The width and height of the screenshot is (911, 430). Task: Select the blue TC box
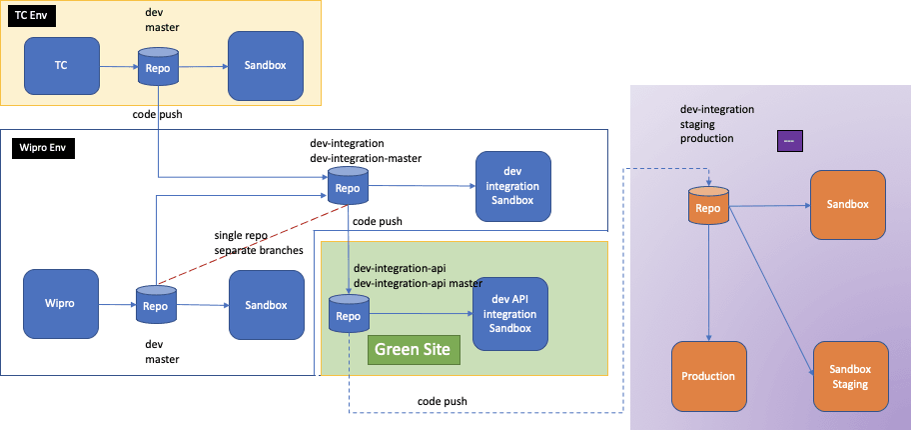[61, 66]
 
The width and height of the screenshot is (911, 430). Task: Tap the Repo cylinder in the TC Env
[158, 68]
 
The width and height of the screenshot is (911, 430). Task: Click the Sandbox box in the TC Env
[265, 66]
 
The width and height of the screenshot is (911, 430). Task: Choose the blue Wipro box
[61, 304]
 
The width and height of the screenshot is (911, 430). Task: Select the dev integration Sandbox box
[512, 186]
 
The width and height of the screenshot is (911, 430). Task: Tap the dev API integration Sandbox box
[510, 314]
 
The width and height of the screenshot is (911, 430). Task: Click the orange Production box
[708, 376]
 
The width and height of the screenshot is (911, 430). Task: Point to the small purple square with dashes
[790, 141]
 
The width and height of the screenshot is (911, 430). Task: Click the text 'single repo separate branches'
[258, 242]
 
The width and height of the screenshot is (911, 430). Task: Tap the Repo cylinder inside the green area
[349, 314]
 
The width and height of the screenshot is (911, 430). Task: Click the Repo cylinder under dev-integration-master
[348, 187]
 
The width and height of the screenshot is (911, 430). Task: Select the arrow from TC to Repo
[118, 67]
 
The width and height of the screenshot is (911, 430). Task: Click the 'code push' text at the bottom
[443, 401]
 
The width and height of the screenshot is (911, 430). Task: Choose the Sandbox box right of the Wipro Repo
[265, 304]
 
